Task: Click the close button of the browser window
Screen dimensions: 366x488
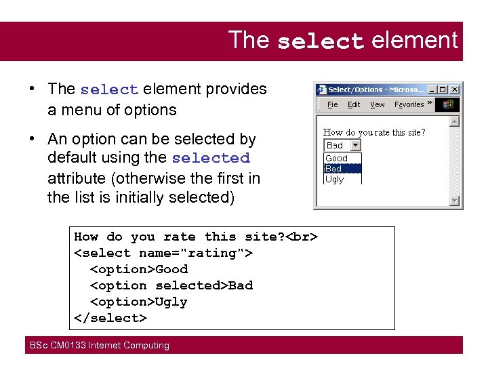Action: [455, 89]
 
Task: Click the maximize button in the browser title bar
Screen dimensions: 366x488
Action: [443, 89]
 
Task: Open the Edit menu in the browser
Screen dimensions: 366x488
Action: [354, 104]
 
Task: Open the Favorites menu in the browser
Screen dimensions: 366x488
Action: [409, 104]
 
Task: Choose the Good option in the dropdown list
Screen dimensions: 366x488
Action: [337, 159]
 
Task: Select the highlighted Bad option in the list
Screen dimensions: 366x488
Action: [335, 169]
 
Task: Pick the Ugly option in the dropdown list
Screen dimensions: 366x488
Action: [335, 179]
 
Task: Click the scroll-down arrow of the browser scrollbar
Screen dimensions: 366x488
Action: [454, 201]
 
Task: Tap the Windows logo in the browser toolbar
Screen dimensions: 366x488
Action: [448, 104]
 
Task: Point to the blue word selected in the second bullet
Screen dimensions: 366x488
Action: [211, 159]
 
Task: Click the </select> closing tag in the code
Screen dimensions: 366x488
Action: [110, 318]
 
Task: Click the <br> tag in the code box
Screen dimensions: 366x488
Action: [302, 237]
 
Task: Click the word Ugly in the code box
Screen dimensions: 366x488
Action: [171, 302]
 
